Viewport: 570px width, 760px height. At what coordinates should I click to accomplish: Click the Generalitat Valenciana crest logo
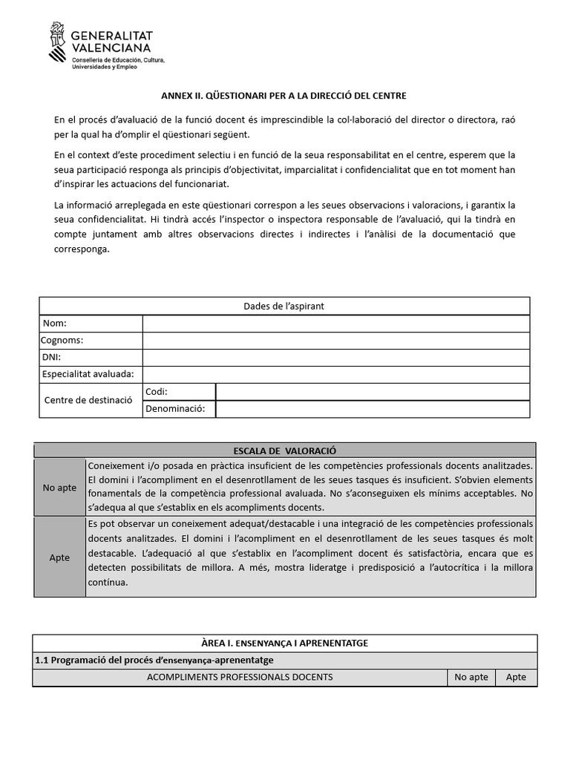click(x=57, y=42)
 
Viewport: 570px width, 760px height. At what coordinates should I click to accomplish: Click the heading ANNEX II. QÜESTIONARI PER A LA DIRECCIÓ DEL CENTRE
click(x=284, y=96)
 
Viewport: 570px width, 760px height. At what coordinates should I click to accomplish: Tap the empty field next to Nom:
click(x=335, y=324)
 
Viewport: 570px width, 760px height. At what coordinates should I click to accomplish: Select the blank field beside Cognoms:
click(x=335, y=341)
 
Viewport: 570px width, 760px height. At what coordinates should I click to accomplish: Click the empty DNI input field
click(x=335, y=358)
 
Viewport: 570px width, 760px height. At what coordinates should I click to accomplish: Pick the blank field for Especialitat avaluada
click(x=335, y=375)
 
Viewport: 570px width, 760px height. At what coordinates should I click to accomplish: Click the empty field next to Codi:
click(x=373, y=392)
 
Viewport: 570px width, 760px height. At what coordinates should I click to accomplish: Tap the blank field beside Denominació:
click(x=373, y=409)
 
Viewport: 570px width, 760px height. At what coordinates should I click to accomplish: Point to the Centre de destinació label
click(x=88, y=400)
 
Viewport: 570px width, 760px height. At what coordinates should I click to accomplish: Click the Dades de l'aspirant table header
click(x=284, y=306)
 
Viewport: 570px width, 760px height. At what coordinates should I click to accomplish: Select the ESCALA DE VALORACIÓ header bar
click(x=284, y=451)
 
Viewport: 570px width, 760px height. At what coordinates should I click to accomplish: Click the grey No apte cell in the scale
click(x=59, y=487)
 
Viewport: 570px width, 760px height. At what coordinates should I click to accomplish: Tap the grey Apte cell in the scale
click(x=59, y=557)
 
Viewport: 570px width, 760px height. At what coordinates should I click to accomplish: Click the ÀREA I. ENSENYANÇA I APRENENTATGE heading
click(x=284, y=643)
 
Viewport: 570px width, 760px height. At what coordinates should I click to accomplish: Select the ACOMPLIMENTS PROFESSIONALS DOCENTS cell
click(x=240, y=677)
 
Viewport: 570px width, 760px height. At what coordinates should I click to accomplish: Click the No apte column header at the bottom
click(x=471, y=677)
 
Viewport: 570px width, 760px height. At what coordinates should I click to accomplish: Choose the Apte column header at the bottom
click(x=515, y=677)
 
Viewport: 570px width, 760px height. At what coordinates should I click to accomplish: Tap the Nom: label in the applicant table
click(x=55, y=324)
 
